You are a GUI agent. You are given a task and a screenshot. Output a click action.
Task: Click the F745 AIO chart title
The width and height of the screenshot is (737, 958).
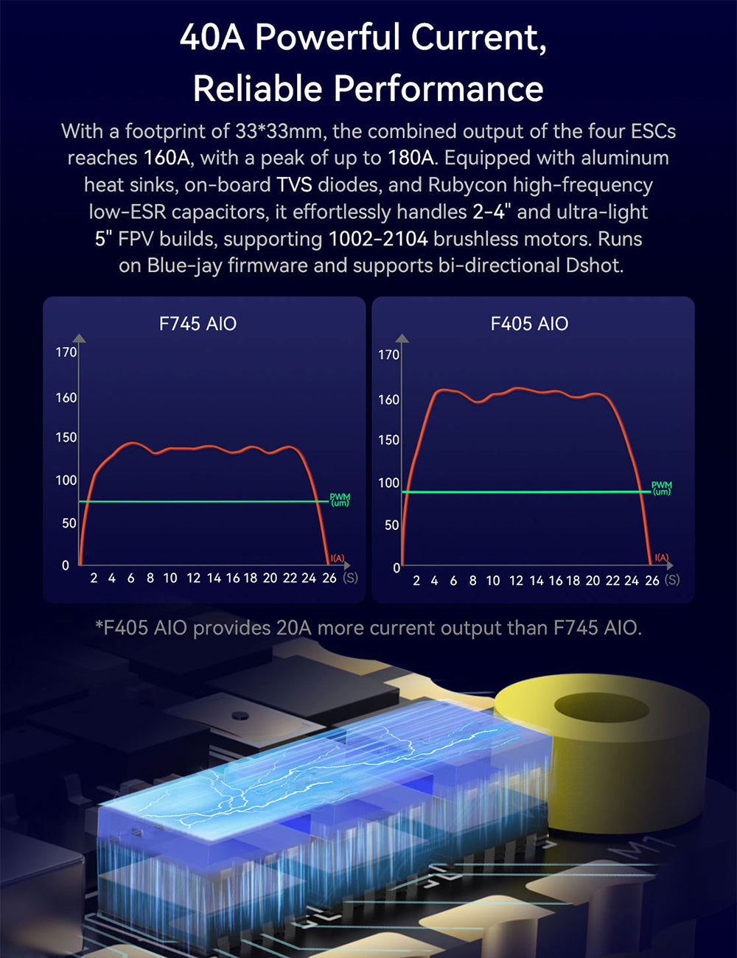[198, 324]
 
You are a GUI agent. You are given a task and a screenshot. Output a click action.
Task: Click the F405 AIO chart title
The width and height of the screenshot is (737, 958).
[529, 324]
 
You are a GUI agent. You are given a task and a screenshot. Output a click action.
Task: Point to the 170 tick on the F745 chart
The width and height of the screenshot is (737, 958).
[66, 352]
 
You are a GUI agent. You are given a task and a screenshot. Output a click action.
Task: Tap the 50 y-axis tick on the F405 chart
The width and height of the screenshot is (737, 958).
[391, 525]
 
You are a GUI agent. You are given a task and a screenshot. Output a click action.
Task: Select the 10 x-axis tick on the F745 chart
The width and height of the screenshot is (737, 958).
[170, 578]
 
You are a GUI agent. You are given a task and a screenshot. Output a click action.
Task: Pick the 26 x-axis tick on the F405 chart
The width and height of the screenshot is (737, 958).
[652, 581]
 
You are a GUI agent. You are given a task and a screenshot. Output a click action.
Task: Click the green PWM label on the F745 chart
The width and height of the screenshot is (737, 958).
[340, 500]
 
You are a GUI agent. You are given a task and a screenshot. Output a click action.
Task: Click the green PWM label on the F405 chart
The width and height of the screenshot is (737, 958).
[661, 488]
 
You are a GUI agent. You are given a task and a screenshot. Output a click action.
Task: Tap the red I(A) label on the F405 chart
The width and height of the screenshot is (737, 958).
[661, 558]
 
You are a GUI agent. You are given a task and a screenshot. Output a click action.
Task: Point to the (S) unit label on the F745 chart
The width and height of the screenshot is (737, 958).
[351, 578]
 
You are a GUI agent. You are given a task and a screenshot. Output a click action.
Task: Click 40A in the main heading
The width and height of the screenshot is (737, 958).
[212, 38]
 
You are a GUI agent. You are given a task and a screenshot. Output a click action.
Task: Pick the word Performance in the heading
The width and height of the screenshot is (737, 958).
[439, 89]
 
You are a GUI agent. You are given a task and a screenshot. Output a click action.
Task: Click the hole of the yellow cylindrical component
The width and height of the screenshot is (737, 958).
[601, 709]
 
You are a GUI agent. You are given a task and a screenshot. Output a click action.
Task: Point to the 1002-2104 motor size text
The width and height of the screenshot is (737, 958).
[378, 239]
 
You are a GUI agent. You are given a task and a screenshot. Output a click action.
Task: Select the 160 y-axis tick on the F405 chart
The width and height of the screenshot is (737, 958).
[388, 399]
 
